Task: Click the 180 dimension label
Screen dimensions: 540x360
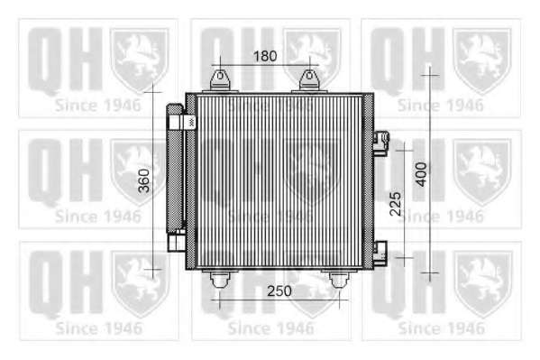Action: point(265,56)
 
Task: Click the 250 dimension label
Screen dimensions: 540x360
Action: point(279,291)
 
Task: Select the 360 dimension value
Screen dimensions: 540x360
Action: point(144,180)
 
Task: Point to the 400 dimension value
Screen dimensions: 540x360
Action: point(421,174)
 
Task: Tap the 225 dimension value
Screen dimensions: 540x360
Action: point(396,204)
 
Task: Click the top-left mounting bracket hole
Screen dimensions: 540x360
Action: point(220,75)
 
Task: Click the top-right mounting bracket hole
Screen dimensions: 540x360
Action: point(309,75)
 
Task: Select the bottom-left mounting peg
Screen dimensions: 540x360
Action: point(220,280)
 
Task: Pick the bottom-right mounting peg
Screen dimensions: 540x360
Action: point(339,280)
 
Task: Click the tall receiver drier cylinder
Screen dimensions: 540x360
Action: point(175,169)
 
